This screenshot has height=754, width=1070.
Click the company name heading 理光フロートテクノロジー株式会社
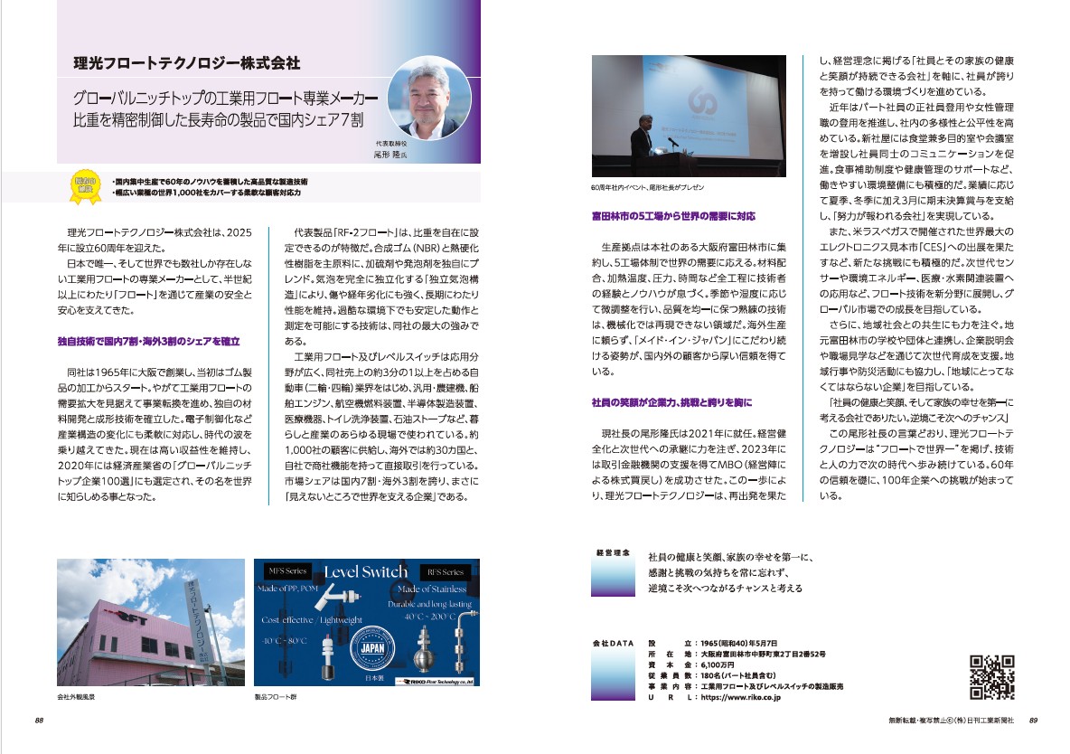tap(186, 64)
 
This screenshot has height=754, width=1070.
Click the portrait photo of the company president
tap(422, 96)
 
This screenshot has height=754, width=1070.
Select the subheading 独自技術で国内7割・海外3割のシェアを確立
tap(147, 341)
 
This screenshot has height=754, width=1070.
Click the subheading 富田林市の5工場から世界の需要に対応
tap(672, 217)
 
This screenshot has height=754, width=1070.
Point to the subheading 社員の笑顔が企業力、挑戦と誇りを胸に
tap(671, 401)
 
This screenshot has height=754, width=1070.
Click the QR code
tap(991, 677)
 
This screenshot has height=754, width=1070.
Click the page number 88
tap(40, 721)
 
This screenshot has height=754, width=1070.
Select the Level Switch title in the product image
tap(367, 572)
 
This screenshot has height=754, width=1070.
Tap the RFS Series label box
tap(446, 572)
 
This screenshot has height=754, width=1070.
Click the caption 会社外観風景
tap(76, 699)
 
